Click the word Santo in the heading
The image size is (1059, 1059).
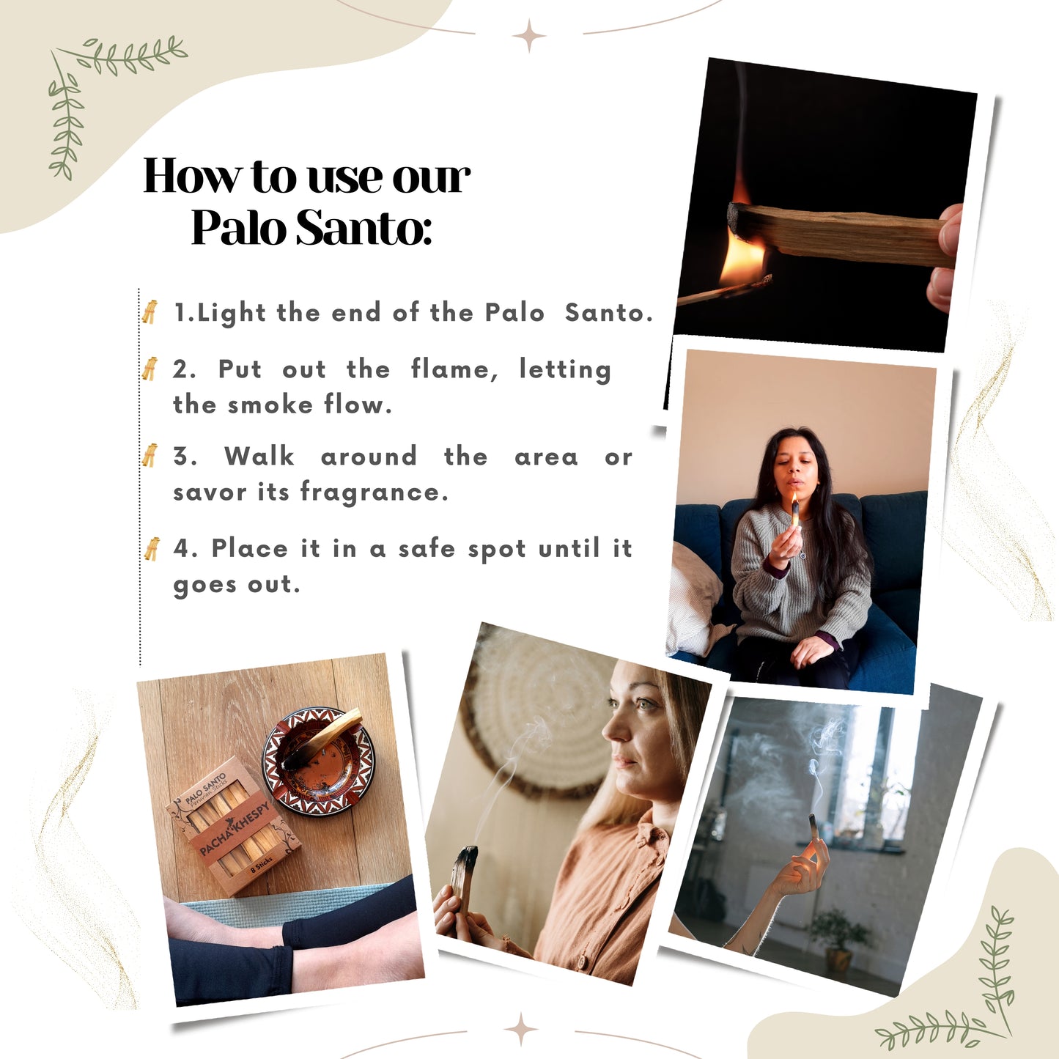(364, 226)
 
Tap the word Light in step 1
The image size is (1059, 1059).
(232, 313)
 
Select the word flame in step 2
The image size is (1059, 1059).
(455, 369)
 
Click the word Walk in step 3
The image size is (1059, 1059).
(259, 456)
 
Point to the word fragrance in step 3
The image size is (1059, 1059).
(374, 492)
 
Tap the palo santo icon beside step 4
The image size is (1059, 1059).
(152, 549)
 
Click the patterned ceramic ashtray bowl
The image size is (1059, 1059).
(319, 761)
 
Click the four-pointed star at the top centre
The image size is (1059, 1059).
(529, 36)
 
